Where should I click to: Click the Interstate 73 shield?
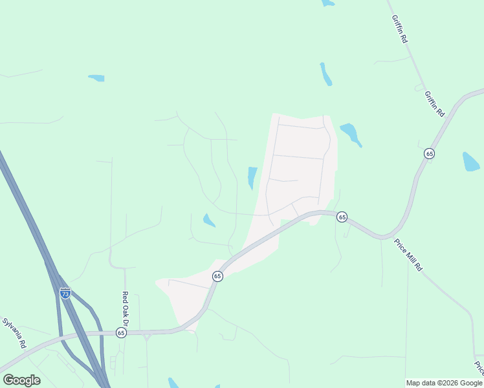click(65, 293)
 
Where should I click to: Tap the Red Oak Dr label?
click(126, 308)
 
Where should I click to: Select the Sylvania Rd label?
click(14, 333)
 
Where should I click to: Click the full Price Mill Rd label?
click(408, 255)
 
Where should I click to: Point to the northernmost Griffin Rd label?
click(400, 30)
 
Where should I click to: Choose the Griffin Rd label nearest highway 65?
click(435, 103)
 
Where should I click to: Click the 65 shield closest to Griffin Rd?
click(429, 153)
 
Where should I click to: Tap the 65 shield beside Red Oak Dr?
click(121, 332)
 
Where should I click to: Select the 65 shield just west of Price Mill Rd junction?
click(342, 217)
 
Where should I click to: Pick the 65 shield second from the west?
click(217, 276)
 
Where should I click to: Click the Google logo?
click(21, 380)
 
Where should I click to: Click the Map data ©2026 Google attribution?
click(445, 383)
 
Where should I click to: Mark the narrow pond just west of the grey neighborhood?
click(252, 178)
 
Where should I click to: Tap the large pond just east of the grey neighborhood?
click(350, 133)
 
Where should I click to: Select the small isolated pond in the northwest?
click(96, 78)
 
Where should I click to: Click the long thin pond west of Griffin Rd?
click(325, 74)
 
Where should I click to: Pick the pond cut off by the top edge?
click(328, 3)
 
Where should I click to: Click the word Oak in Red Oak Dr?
click(126, 308)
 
